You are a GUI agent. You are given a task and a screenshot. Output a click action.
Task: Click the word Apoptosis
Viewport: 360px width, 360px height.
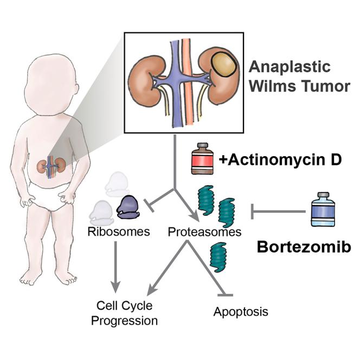coord(241,312)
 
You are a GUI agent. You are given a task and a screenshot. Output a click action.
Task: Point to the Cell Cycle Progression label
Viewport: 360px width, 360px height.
coord(124,313)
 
